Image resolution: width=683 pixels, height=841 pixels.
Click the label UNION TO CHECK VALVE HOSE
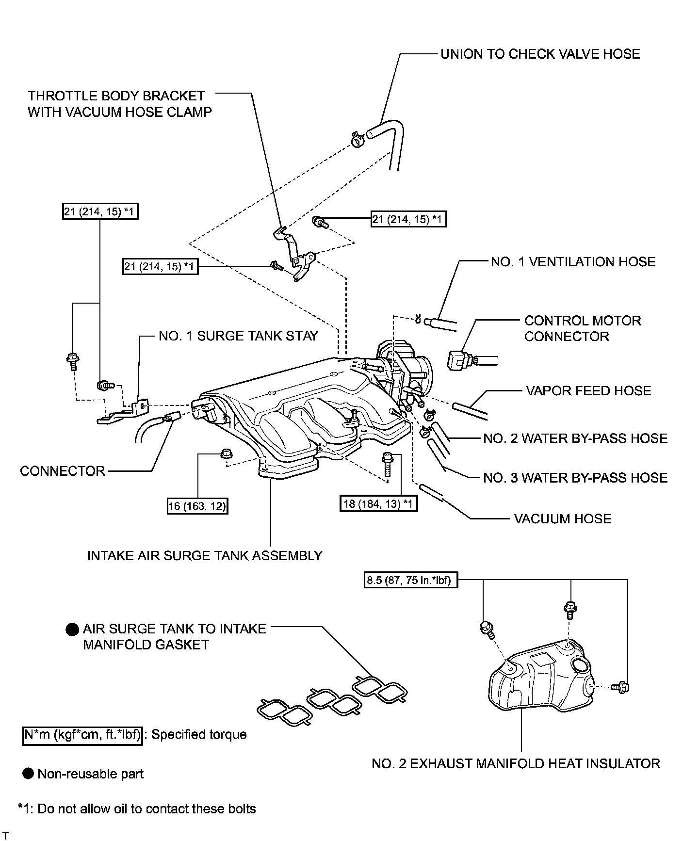click(540, 54)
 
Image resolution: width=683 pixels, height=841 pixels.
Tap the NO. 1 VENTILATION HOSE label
click(573, 262)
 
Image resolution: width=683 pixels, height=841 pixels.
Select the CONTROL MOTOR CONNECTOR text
click(582, 328)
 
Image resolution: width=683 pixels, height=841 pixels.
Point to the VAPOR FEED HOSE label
click(588, 391)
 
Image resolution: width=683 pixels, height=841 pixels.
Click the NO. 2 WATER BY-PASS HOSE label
click(575, 438)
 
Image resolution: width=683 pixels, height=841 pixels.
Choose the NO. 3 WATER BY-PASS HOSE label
click(575, 478)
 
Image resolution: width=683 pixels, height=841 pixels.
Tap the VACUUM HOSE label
click(562, 519)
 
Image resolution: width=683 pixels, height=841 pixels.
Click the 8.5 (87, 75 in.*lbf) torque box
click(410, 581)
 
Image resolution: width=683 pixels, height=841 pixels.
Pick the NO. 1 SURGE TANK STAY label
click(238, 336)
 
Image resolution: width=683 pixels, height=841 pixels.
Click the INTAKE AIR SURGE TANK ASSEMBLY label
click(205, 555)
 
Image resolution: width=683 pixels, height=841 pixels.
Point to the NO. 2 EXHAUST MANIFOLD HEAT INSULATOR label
click(516, 764)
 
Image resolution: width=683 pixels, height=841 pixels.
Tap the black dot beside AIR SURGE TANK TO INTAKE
click(72, 630)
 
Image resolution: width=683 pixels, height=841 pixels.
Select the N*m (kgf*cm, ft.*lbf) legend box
click(83, 735)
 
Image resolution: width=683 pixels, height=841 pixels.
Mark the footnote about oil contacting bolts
click(137, 809)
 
